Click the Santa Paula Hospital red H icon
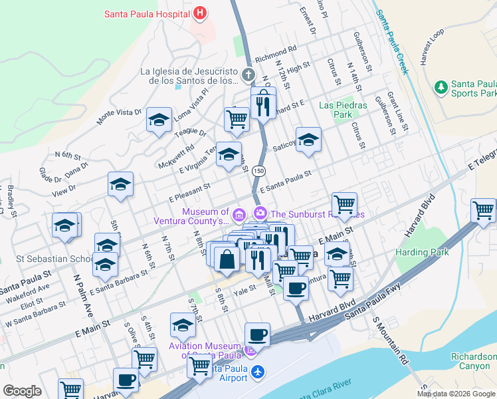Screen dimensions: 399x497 200,13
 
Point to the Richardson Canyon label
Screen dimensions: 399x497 473,361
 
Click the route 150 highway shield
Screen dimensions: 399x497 258,171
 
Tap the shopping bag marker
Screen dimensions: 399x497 227,259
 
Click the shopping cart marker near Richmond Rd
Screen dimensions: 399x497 237,120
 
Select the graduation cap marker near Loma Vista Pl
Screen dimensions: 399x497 159,120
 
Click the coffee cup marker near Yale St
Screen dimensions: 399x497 296,287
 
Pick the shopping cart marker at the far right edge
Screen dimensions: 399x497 483,210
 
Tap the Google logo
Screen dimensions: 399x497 23,390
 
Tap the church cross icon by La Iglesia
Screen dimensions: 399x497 248,74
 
